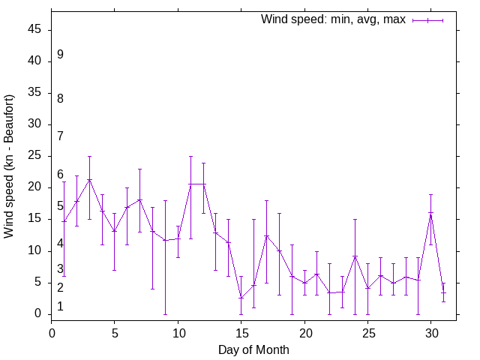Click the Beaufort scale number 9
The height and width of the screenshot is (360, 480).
[60, 55]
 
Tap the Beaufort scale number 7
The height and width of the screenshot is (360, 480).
[60, 136]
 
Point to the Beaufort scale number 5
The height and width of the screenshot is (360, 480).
[60, 205]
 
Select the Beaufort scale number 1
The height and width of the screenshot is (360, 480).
[60, 306]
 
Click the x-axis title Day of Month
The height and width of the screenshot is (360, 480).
[253, 349]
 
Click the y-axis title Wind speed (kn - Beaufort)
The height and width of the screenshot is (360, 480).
[10, 166]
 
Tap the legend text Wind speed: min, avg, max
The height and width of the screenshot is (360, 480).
[333, 19]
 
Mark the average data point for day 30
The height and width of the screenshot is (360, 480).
[431, 213]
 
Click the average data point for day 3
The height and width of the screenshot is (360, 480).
[89, 180]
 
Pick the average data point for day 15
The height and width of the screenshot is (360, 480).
[241, 298]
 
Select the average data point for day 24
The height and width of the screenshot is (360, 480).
[355, 256]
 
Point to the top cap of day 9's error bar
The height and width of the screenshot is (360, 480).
[165, 200]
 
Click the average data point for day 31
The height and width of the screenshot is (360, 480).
[443, 292]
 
